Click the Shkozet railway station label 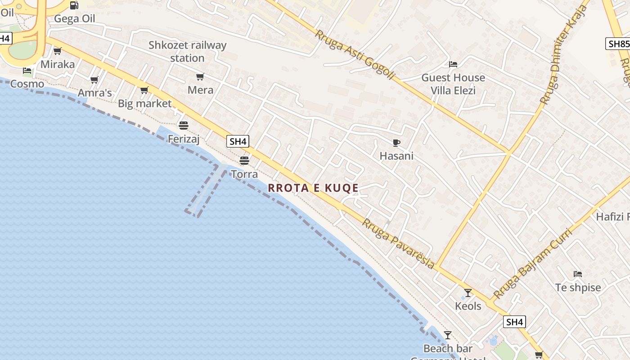pyautogui.click(x=188, y=51)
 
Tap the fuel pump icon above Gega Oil pyautogui.click(x=74, y=5)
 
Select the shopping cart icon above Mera pyautogui.click(x=200, y=77)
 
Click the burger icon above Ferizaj pyautogui.click(x=184, y=125)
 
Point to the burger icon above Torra pyautogui.click(x=244, y=160)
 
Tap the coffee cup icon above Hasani pyautogui.click(x=396, y=143)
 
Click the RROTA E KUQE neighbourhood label pyautogui.click(x=313, y=188)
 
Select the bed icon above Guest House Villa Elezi pyautogui.click(x=453, y=64)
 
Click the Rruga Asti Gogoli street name pyautogui.click(x=355, y=55)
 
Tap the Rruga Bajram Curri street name pyautogui.click(x=532, y=264)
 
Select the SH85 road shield pyautogui.click(x=618, y=44)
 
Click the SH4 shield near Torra pyautogui.click(x=238, y=141)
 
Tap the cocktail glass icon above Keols pyautogui.click(x=468, y=293)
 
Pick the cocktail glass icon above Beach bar pyautogui.click(x=447, y=335)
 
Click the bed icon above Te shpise pyautogui.click(x=578, y=274)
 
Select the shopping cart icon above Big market pyautogui.click(x=144, y=90)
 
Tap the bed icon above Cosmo pyautogui.click(x=27, y=71)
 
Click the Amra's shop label pyautogui.click(x=94, y=93)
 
